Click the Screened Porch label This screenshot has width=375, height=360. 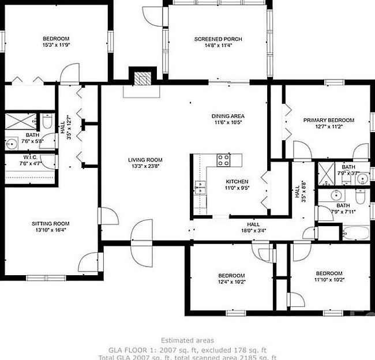click(x=217, y=39)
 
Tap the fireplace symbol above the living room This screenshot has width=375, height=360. click(x=142, y=77)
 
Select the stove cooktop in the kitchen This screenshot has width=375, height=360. click(x=223, y=159)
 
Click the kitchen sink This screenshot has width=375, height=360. click(x=201, y=187)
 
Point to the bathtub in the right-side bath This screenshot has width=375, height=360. click(x=354, y=233)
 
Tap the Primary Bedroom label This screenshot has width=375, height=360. click(x=329, y=120)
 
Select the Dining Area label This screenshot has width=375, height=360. click(x=228, y=116)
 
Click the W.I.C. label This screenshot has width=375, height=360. click(x=30, y=157)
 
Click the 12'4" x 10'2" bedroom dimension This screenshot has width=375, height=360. click(x=231, y=282)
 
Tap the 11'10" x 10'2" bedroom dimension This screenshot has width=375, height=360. click(x=329, y=280)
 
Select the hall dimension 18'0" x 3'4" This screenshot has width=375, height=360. click(x=253, y=230)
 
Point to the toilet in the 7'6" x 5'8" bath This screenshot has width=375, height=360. click(x=48, y=122)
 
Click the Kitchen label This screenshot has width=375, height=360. click(x=237, y=181)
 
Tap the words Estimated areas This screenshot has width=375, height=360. click(x=187, y=340)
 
